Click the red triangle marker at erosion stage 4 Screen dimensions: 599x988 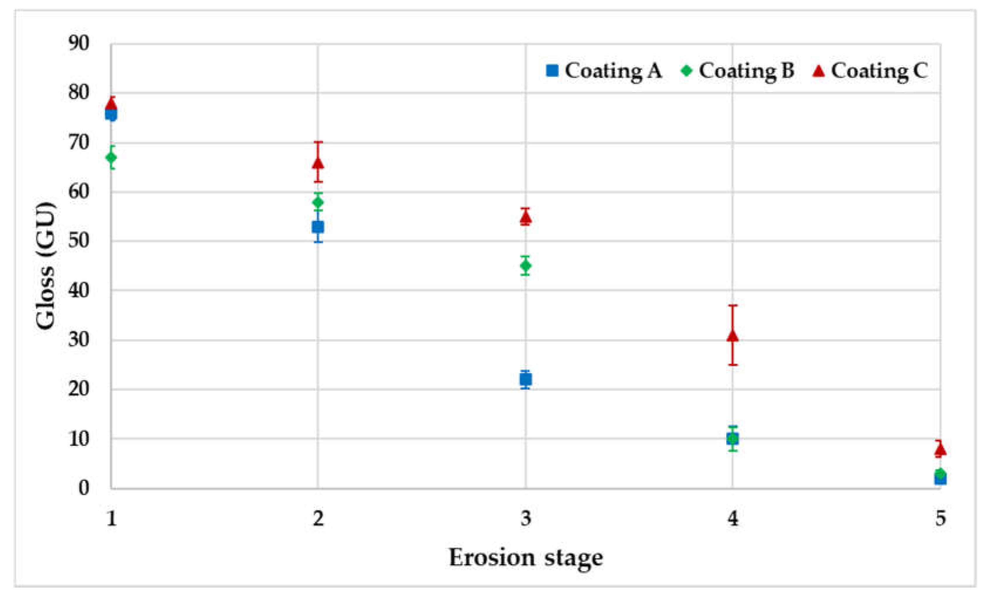tap(732, 336)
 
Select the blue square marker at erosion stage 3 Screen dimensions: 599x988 tap(526, 379)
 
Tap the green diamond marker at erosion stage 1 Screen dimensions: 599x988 tap(112, 157)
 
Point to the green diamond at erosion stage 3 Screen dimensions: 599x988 tap(526, 265)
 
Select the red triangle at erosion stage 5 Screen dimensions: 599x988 tap(940, 450)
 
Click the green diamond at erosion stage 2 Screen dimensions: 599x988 tap(318, 202)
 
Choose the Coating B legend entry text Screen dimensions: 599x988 tap(746, 71)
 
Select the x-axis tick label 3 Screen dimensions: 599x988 tap(526, 519)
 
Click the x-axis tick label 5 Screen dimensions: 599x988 tap(940, 519)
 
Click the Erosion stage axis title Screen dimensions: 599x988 tap(526, 558)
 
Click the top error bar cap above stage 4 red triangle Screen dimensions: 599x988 tap(732, 305)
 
